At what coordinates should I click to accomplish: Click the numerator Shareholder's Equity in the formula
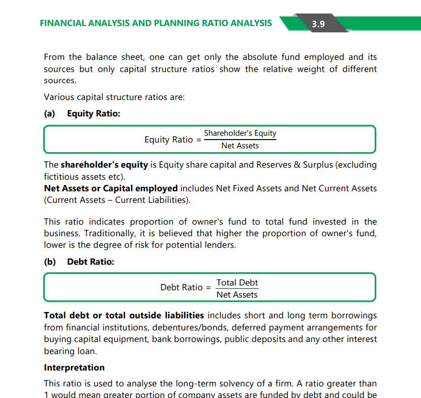click(x=240, y=133)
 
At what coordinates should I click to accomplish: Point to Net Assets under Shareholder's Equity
click(x=240, y=145)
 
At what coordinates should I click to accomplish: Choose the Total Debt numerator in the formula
click(x=237, y=283)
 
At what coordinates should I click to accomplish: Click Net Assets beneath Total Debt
click(x=237, y=295)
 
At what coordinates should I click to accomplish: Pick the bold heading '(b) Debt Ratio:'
click(x=79, y=262)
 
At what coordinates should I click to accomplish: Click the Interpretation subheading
click(x=74, y=368)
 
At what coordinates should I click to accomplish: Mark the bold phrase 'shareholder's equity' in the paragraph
click(x=104, y=165)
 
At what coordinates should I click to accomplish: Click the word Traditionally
click(x=106, y=233)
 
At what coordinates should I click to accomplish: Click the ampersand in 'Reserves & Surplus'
click(x=297, y=165)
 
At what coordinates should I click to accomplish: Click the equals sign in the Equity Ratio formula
click(x=198, y=140)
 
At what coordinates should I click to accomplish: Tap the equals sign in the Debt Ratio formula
click(x=208, y=287)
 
